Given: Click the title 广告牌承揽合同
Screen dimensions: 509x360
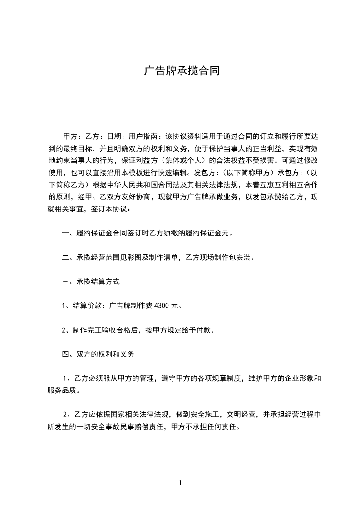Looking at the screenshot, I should [x=182, y=71].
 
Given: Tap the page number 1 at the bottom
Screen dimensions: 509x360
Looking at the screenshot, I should [x=181, y=483].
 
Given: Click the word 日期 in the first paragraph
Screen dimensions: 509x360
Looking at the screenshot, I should [x=113, y=136].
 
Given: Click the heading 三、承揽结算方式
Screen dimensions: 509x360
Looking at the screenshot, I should [x=91, y=281].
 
